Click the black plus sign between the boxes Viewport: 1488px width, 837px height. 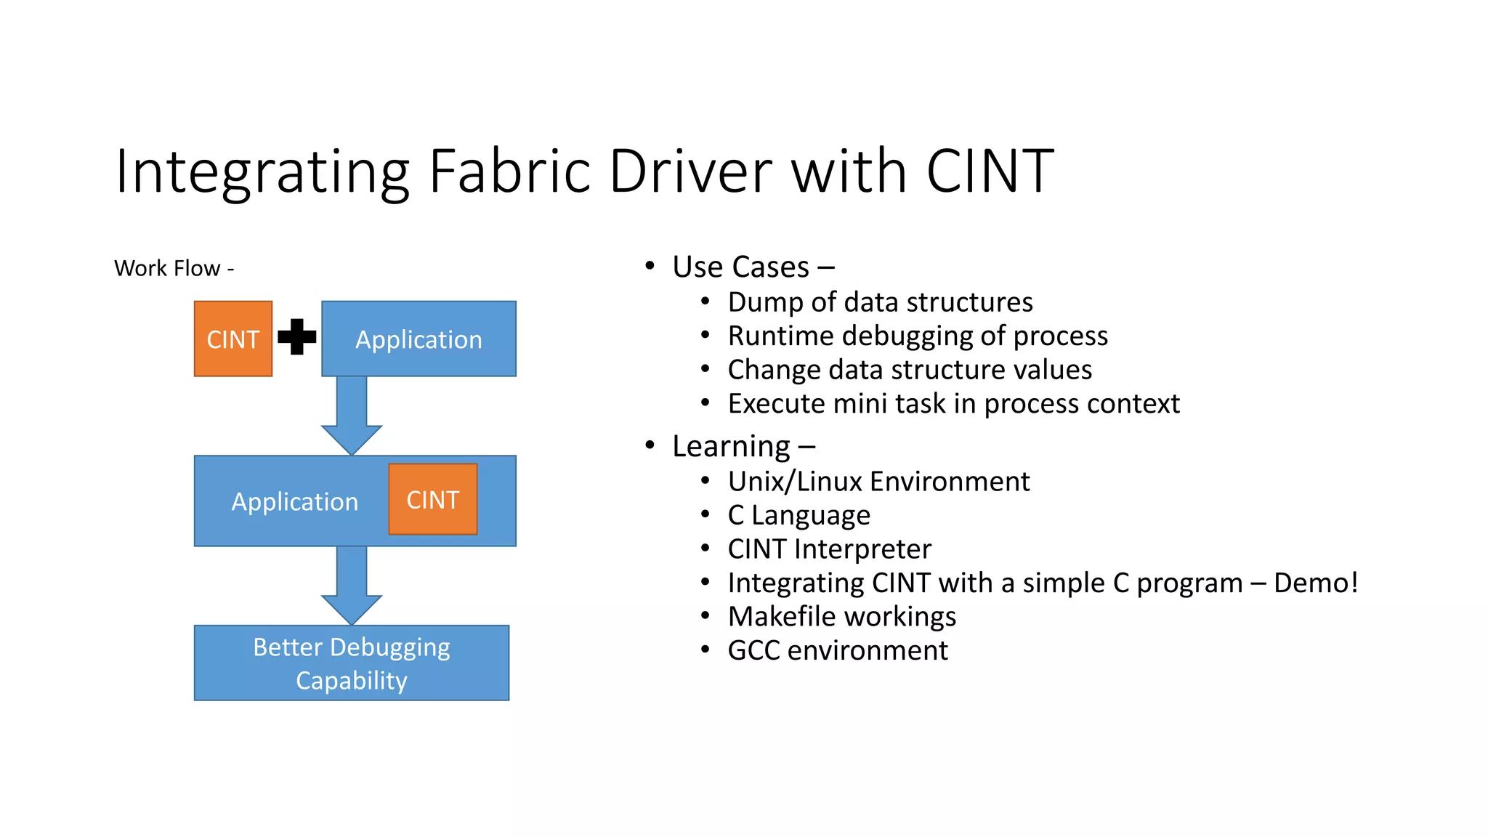coord(296,337)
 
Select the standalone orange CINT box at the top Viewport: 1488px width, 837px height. coord(233,339)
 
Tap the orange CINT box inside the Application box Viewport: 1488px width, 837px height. coord(433,500)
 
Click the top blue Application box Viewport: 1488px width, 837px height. coord(418,339)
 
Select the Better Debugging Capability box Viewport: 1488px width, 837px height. coord(352,663)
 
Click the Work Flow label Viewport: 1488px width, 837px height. coord(174,269)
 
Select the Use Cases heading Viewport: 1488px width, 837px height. coord(753,267)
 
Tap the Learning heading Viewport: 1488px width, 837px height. coord(743,446)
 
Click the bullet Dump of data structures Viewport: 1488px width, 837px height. coord(880,302)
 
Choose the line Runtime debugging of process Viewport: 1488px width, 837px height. coord(918,336)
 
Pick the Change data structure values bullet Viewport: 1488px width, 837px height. coord(910,370)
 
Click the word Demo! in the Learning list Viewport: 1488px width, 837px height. coord(1315,583)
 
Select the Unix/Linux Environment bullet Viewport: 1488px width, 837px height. coord(878,482)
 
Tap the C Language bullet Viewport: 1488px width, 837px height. coord(798,515)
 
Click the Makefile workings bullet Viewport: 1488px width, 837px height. coord(841,617)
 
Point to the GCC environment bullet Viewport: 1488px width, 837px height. coord(837,650)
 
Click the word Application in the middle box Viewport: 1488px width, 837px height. coord(294,502)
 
